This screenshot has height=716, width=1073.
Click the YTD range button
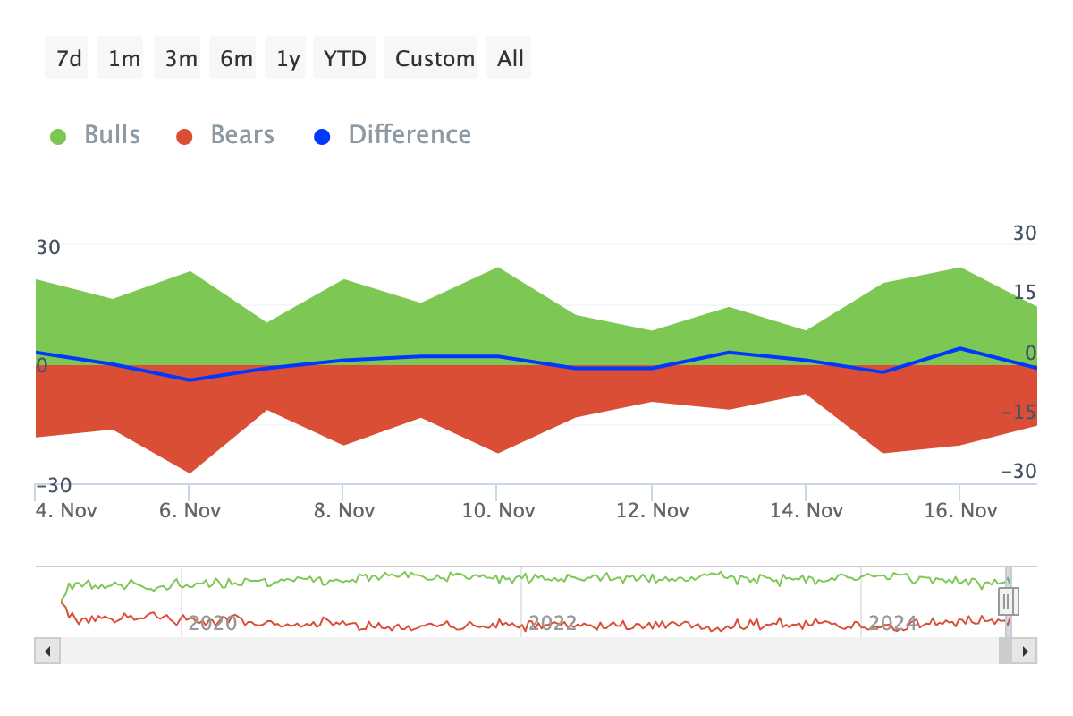click(x=344, y=58)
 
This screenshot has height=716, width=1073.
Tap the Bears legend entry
click(x=226, y=135)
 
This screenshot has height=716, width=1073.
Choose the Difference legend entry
click(x=393, y=135)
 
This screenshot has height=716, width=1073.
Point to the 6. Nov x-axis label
click(x=189, y=511)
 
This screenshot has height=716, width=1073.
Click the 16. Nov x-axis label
click(x=959, y=511)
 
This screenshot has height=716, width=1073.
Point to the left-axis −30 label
click(x=53, y=485)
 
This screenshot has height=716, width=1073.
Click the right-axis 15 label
click(x=1024, y=292)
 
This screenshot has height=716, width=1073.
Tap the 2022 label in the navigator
click(x=552, y=623)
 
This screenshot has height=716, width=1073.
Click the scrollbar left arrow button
click(x=46, y=651)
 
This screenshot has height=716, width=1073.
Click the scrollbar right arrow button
click(x=1026, y=651)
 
